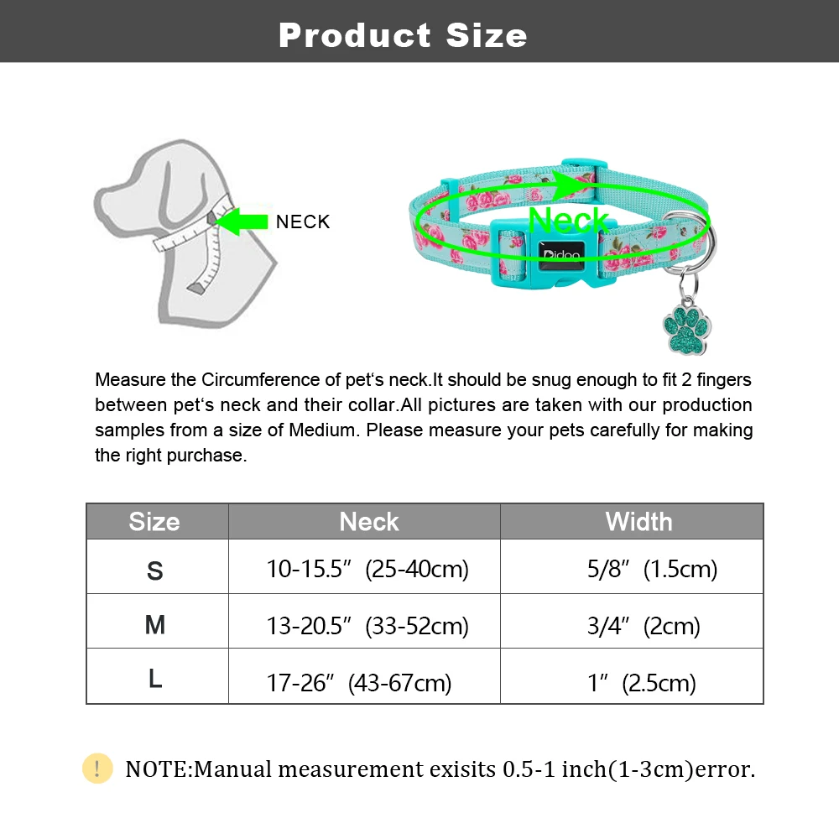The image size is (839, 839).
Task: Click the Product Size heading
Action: click(403, 35)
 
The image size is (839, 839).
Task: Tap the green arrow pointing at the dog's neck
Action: click(241, 221)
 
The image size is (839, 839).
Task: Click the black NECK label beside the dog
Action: click(303, 221)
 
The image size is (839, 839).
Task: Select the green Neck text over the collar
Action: click(568, 220)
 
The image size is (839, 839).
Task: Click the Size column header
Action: click(154, 522)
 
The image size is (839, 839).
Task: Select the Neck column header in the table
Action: click(369, 522)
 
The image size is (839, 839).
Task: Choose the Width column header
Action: click(638, 522)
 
